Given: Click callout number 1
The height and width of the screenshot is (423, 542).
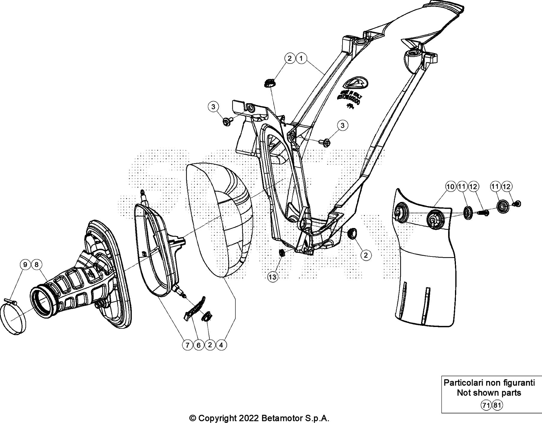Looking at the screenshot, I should click(x=301, y=58).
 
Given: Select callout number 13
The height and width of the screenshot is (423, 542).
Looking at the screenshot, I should click(x=272, y=277).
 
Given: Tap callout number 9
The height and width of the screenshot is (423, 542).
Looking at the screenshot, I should click(x=25, y=265).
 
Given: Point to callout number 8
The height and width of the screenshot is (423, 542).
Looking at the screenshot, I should click(x=36, y=265).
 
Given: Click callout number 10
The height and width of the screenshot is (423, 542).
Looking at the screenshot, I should click(x=451, y=187).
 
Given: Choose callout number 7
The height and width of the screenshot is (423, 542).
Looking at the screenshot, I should click(x=187, y=345).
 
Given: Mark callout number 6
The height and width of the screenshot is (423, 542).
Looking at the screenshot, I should click(x=198, y=345).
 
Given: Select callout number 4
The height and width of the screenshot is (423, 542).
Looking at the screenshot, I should click(x=221, y=345).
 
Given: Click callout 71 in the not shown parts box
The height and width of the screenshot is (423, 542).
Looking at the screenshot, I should click(x=486, y=406).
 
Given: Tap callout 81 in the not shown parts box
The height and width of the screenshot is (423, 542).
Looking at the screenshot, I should click(x=497, y=406).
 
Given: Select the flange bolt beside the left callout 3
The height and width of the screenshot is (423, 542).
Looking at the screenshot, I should click(x=226, y=121).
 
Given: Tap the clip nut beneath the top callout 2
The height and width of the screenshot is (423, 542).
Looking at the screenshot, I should click(x=269, y=83).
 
